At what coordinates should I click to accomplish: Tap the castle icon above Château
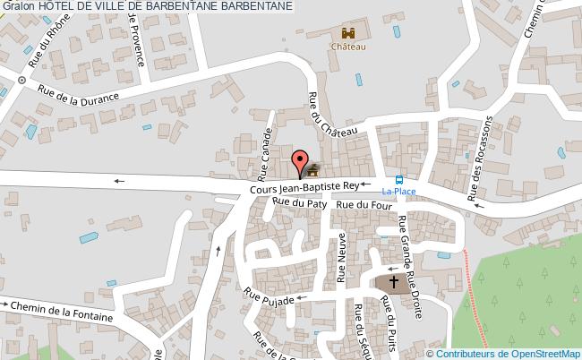(348, 33)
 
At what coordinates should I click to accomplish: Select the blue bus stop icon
(399, 178)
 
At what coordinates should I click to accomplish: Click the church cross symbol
(393, 283)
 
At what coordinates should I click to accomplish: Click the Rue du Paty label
(299, 203)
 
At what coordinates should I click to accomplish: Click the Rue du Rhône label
(45, 49)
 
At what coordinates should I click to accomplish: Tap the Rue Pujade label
(273, 302)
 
